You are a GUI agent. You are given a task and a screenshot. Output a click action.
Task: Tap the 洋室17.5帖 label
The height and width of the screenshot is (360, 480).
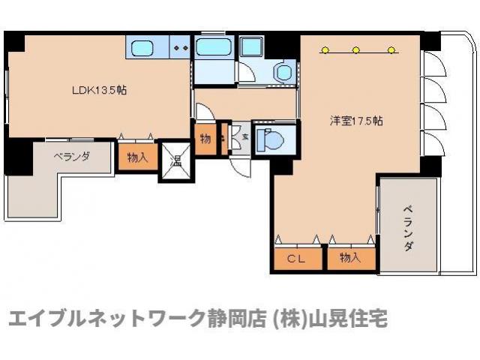click(356, 121)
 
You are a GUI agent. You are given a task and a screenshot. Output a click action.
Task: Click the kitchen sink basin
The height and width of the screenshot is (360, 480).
click(143, 49)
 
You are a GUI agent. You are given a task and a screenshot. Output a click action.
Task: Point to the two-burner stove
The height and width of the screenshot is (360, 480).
click(180, 48)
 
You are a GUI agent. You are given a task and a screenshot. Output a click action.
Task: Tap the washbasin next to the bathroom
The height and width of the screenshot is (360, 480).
click(283, 72)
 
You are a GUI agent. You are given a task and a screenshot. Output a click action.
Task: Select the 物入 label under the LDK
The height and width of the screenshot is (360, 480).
click(136, 158)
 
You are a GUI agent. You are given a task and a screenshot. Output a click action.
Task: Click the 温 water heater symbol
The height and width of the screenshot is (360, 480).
click(175, 162)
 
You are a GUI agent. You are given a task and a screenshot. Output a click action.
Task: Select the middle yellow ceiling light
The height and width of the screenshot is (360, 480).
click(357, 51)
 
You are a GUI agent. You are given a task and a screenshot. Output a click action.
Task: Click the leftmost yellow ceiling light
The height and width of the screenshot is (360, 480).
click(324, 51)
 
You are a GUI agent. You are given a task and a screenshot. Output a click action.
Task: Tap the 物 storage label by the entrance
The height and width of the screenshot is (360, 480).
click(205, 139)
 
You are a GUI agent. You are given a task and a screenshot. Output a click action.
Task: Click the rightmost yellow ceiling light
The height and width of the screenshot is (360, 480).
click(391, 51)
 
